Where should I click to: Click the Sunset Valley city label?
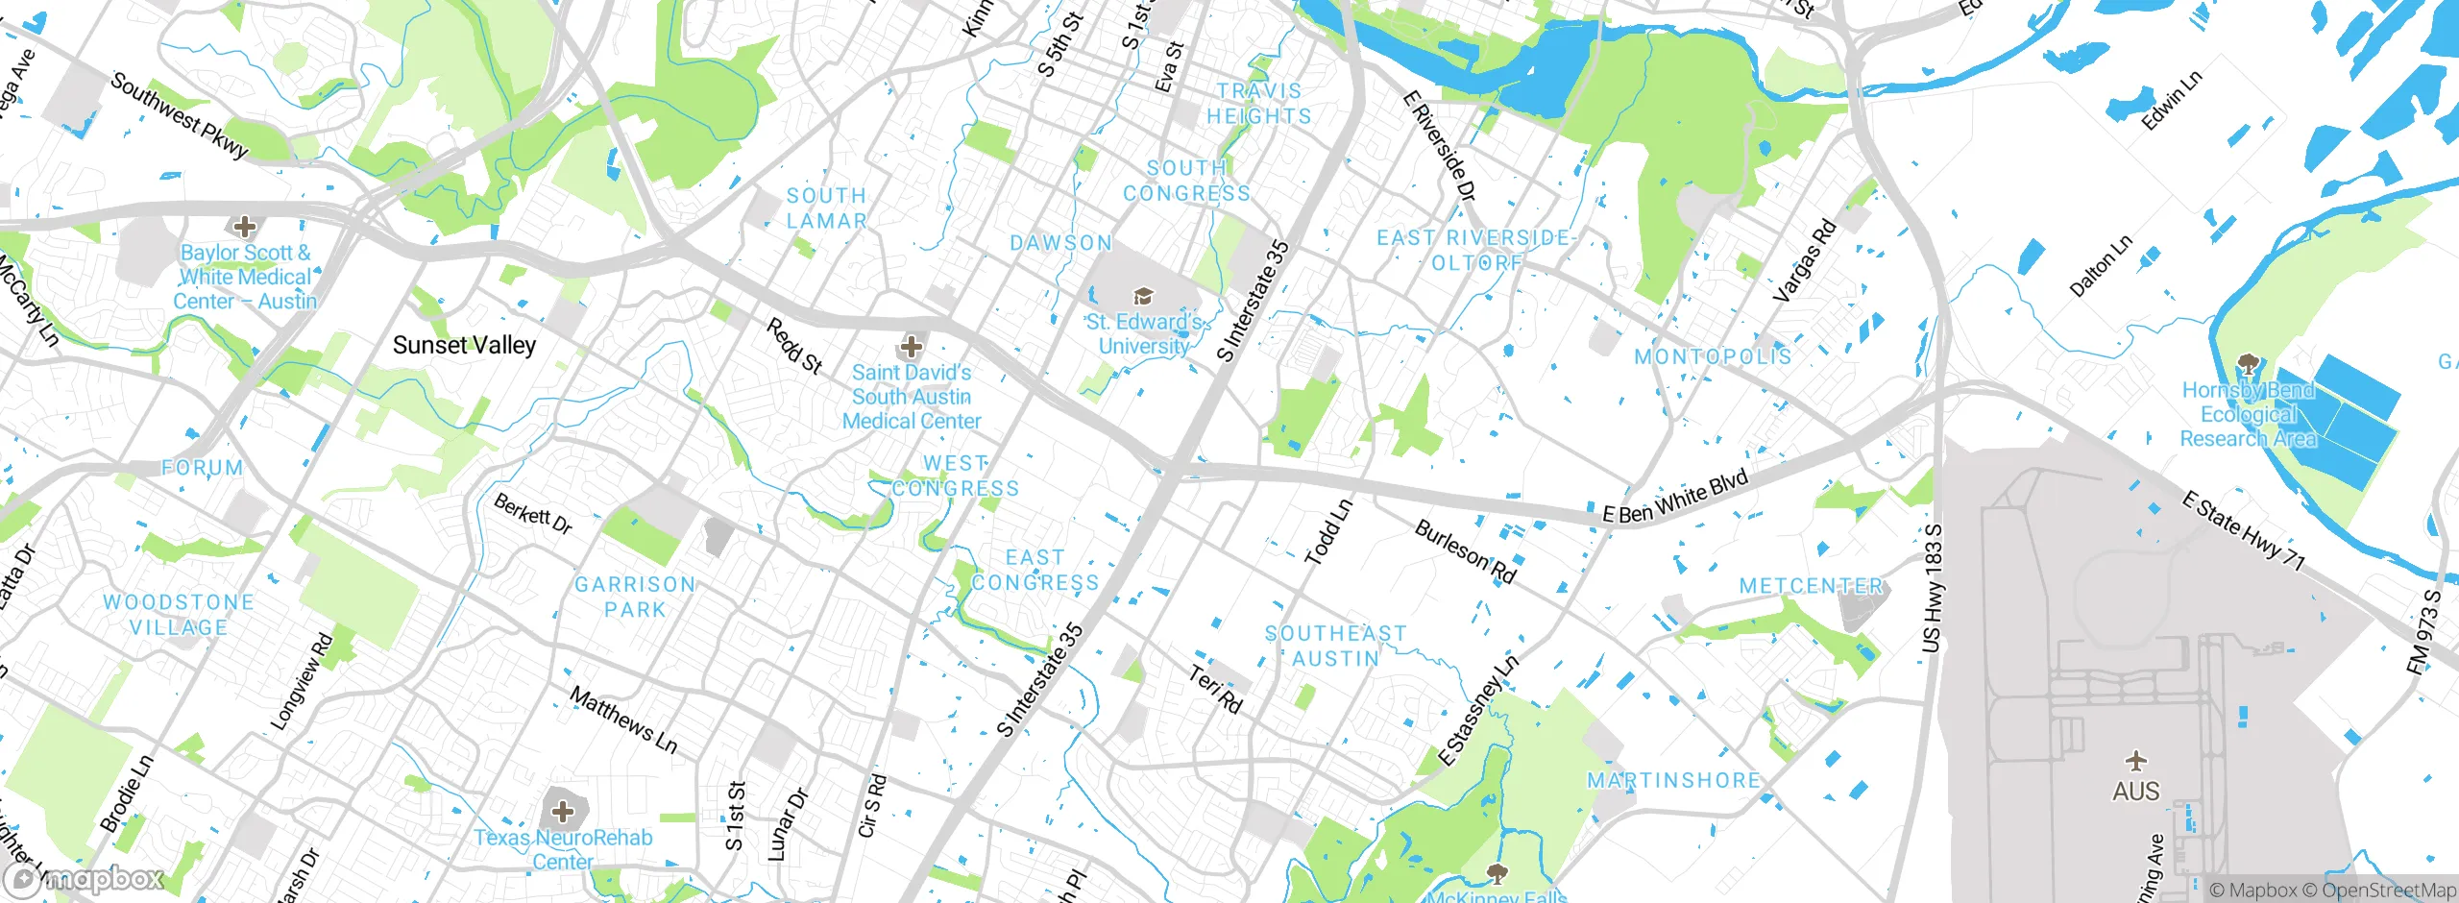(464, 345)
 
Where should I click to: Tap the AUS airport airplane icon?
(2135, 762)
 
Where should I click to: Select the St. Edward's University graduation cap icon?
(1143, 296)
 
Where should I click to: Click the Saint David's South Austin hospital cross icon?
(911, 346)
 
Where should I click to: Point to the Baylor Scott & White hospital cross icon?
(245, 227)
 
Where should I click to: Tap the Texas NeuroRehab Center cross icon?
(563, 813)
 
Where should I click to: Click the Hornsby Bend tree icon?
(2247, 364)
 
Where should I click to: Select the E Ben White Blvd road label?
(1675, 499)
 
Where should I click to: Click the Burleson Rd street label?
(1466, 552)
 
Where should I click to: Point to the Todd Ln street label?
(1328, 532)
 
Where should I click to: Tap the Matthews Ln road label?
(623, 720)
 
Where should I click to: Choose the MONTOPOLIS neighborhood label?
(1713, 356)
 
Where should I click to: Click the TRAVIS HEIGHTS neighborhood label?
(1258, 104)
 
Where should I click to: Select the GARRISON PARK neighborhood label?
(634, 597)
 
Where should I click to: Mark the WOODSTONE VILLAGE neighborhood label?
(179, 615)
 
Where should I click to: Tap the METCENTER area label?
(1812, 586)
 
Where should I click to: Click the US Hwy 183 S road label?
(1933, 589)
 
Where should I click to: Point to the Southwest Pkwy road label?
(180, 114)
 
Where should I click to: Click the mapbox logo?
(85, 879)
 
